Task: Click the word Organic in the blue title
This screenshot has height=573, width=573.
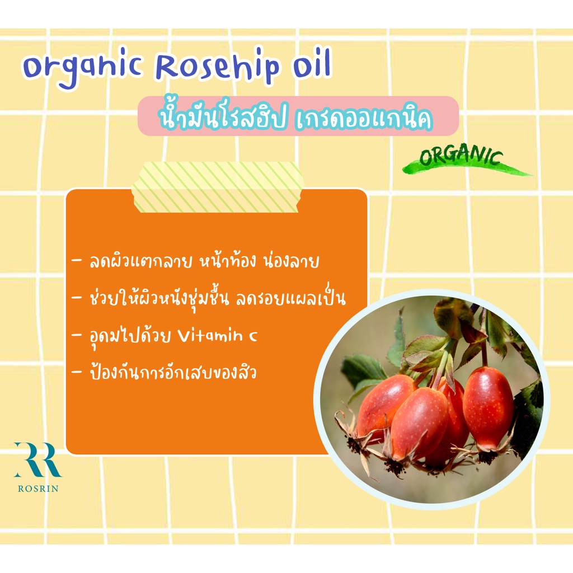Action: tap(82, 68)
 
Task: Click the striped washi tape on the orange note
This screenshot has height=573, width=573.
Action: tap(217, 187)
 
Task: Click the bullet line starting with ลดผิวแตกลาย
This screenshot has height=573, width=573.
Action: tap(196, 260)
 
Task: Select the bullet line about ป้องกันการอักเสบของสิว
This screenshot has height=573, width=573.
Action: tap(165, 372)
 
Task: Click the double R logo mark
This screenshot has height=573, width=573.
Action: tap(38, 460)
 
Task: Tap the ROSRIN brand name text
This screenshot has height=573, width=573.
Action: tap(38, 489)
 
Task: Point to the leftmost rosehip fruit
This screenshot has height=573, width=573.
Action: tap(382, 405)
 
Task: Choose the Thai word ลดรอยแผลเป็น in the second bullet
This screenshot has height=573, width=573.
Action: tap(291, 299)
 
